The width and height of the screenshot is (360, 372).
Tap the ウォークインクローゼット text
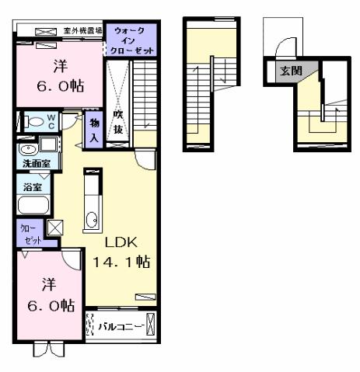(x=132, y=40)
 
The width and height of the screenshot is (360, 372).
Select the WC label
(x=50, y=123)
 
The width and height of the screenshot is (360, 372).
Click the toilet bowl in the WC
(x=34, y=122)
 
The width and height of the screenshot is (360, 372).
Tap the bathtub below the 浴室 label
(x=33, y=207)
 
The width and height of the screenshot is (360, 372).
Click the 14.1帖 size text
(x=121, y=262)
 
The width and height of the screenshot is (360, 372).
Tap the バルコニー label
(x=121, y=326)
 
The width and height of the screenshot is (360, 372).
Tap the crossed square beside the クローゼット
(x=56, y=228)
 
